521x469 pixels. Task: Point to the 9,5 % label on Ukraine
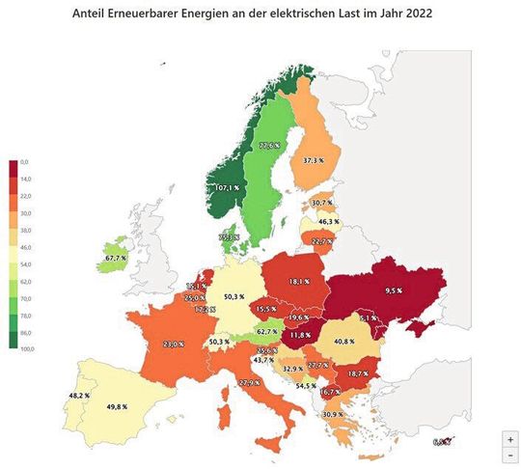tap(392, 289)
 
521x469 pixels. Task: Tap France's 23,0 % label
tap(173, 343)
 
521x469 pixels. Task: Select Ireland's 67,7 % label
tap(116, 258)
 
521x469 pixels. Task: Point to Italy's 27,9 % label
tap(249, 383)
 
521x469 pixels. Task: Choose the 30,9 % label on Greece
tap(332, 414)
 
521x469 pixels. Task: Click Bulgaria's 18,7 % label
tap(358, 372)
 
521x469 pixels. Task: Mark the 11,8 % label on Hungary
tap(301, 334)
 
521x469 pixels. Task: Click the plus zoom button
tap(509, 438)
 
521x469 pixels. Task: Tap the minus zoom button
tap(509, 454)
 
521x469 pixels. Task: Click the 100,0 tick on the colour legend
tap(25, 347)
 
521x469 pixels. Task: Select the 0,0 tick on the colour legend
tap(25, 160)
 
